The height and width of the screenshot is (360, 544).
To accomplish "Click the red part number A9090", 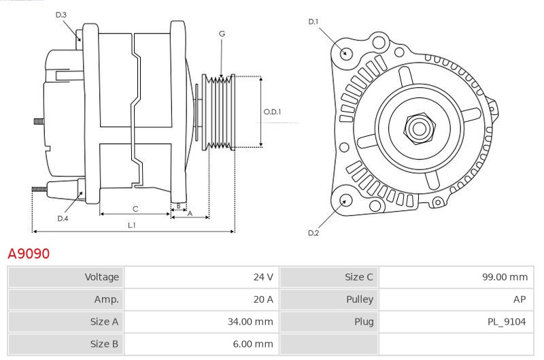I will [x=28, y=254].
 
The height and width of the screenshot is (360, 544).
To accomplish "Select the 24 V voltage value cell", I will [x=263, y=277].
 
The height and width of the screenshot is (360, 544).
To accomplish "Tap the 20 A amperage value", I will [x=263, y=299].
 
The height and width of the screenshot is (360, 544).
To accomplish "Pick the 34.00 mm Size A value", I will [x=252, y=322].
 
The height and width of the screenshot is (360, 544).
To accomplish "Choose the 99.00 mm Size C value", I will [x=504, y=277].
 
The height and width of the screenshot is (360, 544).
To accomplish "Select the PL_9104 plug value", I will [x=507, y=322].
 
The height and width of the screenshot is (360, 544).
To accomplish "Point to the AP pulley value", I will [x=520, y=299].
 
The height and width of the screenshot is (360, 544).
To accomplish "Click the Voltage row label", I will [x=101, y=277].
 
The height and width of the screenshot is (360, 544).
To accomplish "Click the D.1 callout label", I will [x=313, y=22].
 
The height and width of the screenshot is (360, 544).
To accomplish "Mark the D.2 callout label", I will [x=313, y=233].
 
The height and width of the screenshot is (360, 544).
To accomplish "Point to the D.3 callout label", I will [x=61, y=14].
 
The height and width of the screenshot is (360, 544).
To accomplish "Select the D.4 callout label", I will [x=63, y=218].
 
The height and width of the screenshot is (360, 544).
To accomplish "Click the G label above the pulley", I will [x=222, y=33].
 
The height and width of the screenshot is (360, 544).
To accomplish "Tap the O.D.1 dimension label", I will [x=272, y=112].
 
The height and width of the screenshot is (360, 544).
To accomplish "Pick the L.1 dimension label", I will [x=132, y=225].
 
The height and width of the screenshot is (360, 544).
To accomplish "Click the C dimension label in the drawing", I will [x=135, y=209].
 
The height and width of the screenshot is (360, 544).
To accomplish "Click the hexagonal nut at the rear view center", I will [x=418, y=127].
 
